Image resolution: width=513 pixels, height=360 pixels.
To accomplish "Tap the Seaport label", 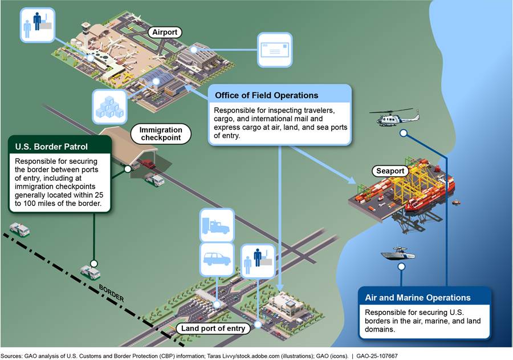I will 390,171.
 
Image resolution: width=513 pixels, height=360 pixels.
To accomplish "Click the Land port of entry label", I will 214,328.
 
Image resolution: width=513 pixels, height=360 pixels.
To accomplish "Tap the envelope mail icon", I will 274,50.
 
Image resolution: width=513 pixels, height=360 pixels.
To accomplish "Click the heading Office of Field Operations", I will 266,95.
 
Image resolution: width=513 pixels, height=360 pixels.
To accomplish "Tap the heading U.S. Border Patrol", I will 52,147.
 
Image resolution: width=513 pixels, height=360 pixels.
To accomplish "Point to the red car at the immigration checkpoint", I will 148,164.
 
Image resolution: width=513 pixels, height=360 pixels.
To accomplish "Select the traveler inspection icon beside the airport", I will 38,25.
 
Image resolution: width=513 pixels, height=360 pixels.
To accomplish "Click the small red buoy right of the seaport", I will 457,201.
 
